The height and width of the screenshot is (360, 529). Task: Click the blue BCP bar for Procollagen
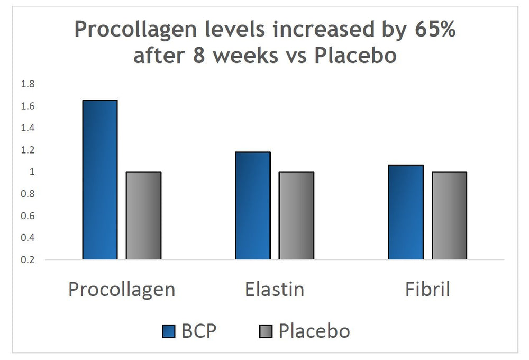pyautogui.click(x=100, y=180)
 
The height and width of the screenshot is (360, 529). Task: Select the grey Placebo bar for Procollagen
pyautogui.click(x=143, y=215)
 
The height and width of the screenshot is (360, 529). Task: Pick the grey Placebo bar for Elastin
pyautogui.click(x=296, y=215)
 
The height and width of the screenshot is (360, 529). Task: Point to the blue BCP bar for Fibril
pyautogui.click(x=406, y=212)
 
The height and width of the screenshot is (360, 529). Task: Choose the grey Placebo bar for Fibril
pyautogui.click(x=449, y=215)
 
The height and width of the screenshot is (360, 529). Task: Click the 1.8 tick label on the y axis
pyautogui.click(x=27, y=84)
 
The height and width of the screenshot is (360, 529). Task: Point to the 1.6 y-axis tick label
pyautogui.click(x=27, y=106)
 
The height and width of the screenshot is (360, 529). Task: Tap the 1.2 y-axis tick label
pyautogui.click(x=27, y=150)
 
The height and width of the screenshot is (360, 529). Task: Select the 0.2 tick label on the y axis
pyautogui.click(x=27, y=260)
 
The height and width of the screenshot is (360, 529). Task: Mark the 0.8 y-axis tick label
pyautogui.click(x=27, y=194)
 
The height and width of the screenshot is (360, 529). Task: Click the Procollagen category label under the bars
pyautogui.click(x=122, y=290)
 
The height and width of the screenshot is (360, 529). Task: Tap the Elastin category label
pyautogui.click(x=275, y=290)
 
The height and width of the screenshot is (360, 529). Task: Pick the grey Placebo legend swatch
pyautogui.click(x=266, y=331)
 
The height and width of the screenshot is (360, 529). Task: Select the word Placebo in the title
pyautogui.click(x=355, y=56)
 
